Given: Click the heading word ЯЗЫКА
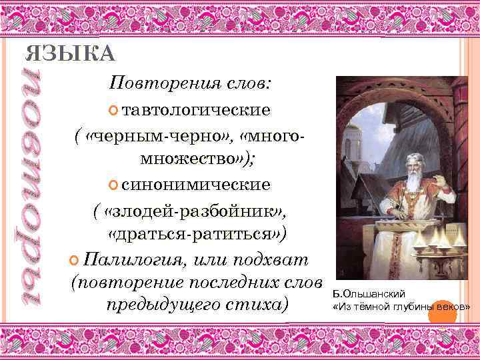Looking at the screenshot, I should click(x=70, y=54).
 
